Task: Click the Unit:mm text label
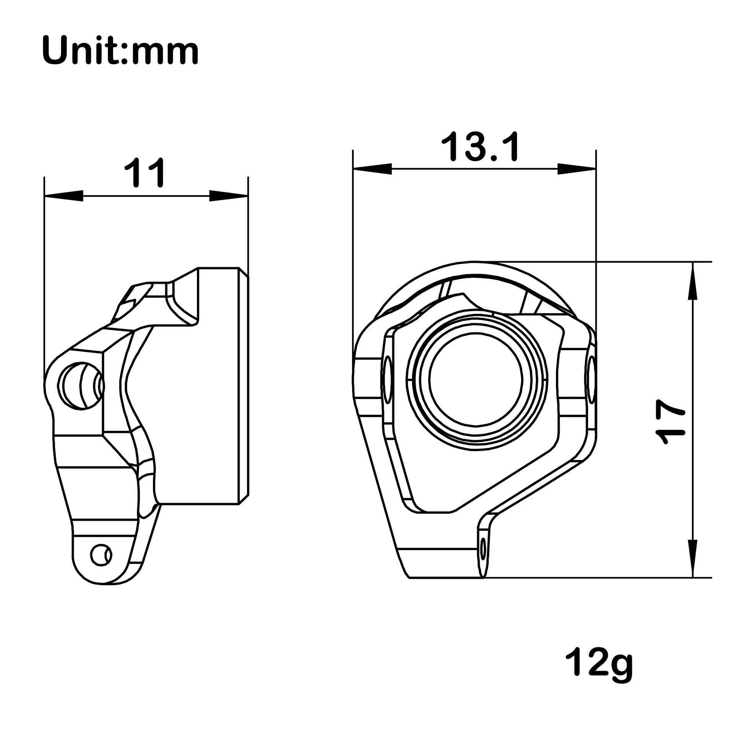pyautogui.click(x=120, y=51)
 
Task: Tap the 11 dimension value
pyautogui.click(x=145, y=173)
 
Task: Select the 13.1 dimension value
pyautogui.click(x=480, y=147)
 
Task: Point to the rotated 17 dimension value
pyautogui.click(x=671, y=422)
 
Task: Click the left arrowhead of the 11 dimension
pyautogui.click(x=64, y=196)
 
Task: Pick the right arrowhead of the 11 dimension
pyautogui.click(x=228, y=196)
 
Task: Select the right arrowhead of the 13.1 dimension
pyautogui.click(x=577, y=169)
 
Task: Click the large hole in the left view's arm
pyautogui.click(x=81, y=385)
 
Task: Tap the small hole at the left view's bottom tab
pyautogui.click(x=101, y=555)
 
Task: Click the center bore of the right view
pyautogui.click(x=476, y=379)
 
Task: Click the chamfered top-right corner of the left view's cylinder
pyautogui.click(x=244, y=272)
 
